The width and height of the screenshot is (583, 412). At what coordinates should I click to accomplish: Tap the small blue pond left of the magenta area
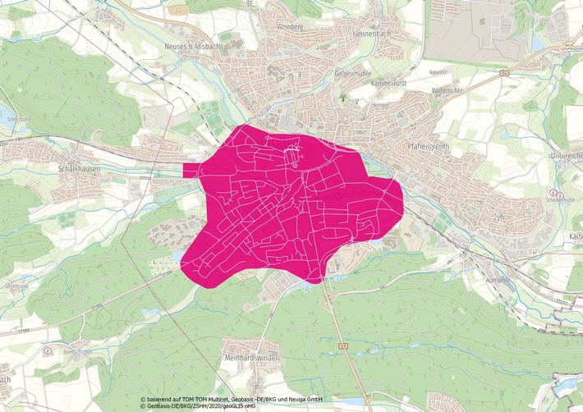click(178, 257)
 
